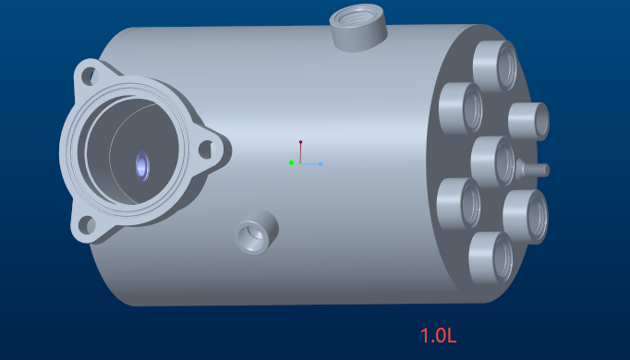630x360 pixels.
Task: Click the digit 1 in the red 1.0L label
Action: [x=424, y=335]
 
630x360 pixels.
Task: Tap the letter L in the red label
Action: [x=452, y=335]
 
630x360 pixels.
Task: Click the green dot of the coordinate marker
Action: [x=291, y=162]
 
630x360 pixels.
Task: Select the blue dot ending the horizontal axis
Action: [x=321, y=164]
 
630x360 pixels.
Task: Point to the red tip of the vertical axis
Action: [x=300, y=142]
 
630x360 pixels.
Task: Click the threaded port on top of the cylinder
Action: [x=357, y=28]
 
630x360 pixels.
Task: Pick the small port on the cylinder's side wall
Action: [x=256, y=232]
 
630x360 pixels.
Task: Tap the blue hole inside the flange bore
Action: [x=142, y=166]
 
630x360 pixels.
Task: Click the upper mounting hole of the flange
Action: [x=90, y=76]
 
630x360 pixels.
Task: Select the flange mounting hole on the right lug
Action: [x=206, y=150]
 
